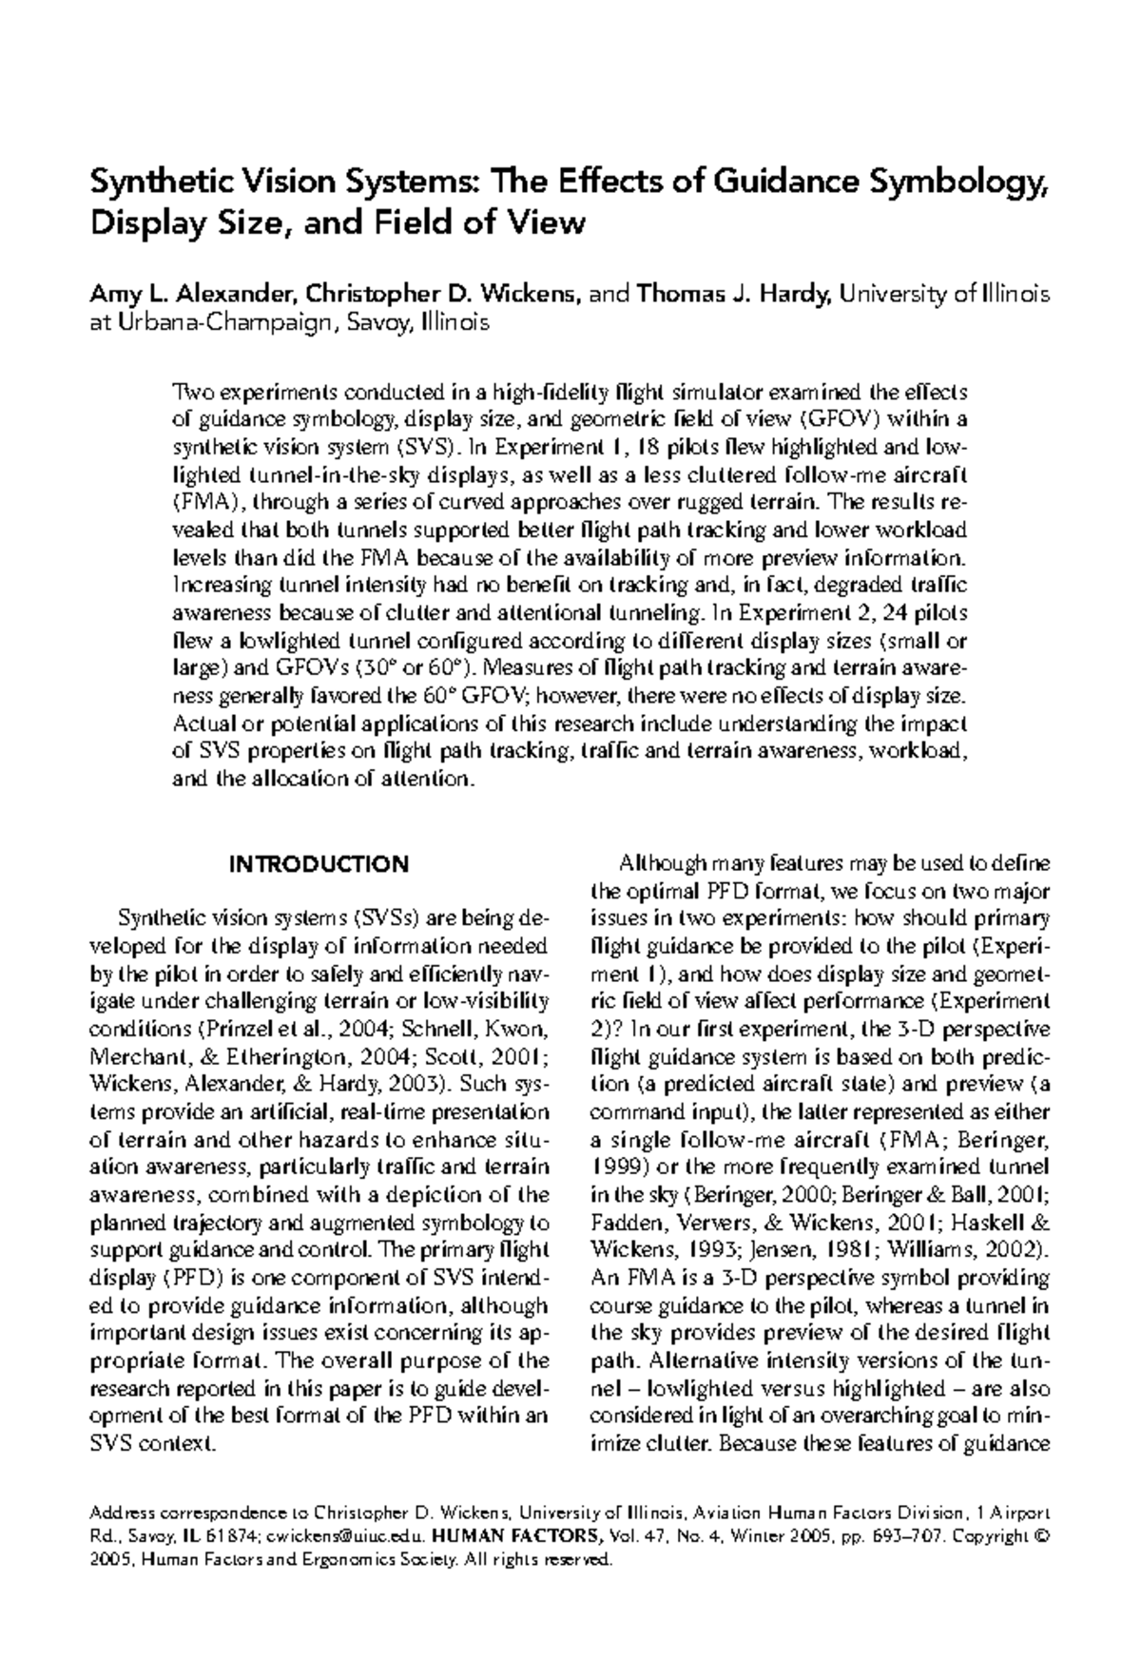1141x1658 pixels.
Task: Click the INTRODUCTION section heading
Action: (x=319, y=864)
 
